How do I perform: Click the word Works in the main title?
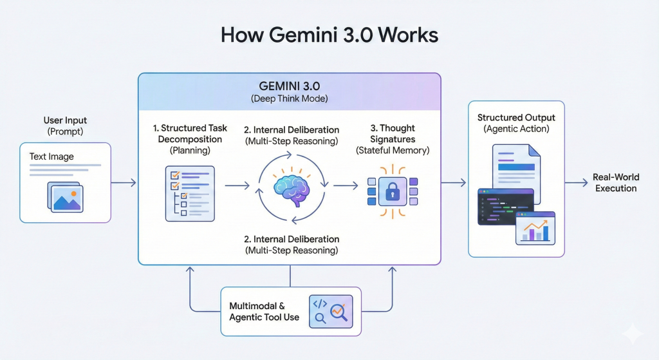(407, 35)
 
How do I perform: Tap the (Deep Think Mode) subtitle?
(289, 99)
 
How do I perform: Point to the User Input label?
(65, 120)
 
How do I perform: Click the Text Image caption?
(51, 156)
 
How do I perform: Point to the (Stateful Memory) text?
(392, 150)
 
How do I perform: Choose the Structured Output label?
(516, 118)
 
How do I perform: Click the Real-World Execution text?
(615, 183)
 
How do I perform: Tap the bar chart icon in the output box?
(535, 229)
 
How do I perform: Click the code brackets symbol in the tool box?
(319, 303)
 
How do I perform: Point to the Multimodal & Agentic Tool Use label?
(264, 312)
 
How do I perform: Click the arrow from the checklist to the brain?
(237, 186)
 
